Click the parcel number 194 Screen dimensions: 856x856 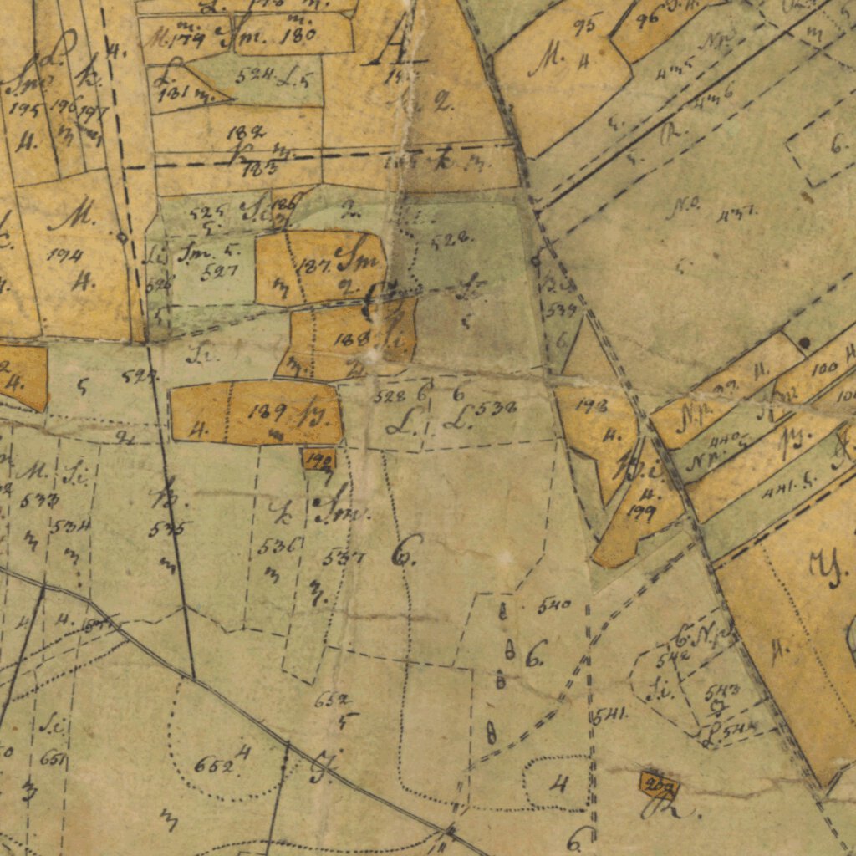coord(64,256)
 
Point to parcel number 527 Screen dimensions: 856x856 coord(219,270)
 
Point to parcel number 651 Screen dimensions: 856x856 coord(53,758)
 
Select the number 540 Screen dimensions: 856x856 coord(553,606)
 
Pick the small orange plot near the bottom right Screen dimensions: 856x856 coord(660,783)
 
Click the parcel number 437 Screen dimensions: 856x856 coord(736,211)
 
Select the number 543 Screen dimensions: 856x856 coord(720,690)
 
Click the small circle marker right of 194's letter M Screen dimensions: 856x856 coord(122,238)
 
